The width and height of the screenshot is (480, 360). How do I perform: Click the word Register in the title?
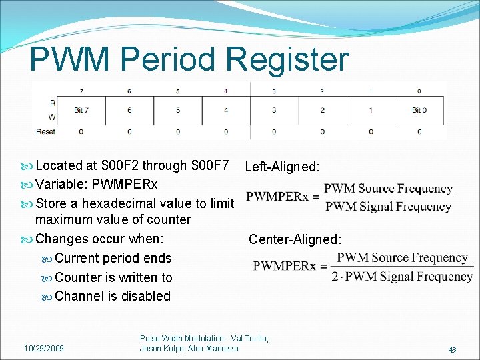pyautogui.click(x=287, y=60)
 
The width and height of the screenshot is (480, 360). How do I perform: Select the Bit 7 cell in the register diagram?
pyautogui.click(x=81, y=110)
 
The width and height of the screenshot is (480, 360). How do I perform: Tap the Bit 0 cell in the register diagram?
pyautogui.click(x=419, y=110)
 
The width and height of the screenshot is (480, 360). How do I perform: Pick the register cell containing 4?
pyautogui.click(x=225, y=110)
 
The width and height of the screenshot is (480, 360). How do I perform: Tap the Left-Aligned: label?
pyautogui.click(x=282, y=167)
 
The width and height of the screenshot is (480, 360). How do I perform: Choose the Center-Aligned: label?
pyautogui.click(x=295, y=239)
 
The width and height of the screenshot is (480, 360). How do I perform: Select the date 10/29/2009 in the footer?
pyautogui.click(x=44, y=348)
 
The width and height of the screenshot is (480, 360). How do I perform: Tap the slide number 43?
pyautogui.click(x=452, y=350)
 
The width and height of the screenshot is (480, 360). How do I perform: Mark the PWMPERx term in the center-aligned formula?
pyautogui.click(x=285, y=266)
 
